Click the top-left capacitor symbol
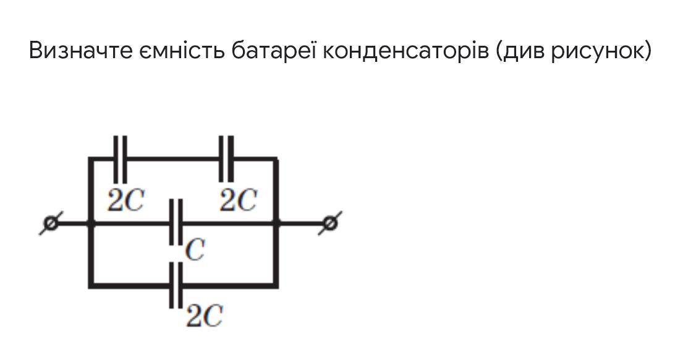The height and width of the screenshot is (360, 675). coord(120,158)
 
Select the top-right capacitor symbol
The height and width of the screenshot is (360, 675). coord(227,158)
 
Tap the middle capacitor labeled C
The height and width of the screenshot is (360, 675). coord(176,223)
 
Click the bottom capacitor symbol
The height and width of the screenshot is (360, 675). coord(176,285)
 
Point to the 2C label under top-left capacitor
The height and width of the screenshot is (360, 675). coord(125,200)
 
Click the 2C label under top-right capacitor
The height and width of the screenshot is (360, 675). coord(238,200)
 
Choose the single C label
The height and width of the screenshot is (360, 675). coord(195,251)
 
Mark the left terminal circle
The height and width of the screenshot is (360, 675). coord(51,223)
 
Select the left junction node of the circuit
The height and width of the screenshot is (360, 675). coord(91,223)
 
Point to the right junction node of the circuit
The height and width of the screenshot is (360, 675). coord(276,223)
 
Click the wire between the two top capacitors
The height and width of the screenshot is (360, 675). coord(173,158)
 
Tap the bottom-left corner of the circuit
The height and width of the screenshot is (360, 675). coord(91,285)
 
